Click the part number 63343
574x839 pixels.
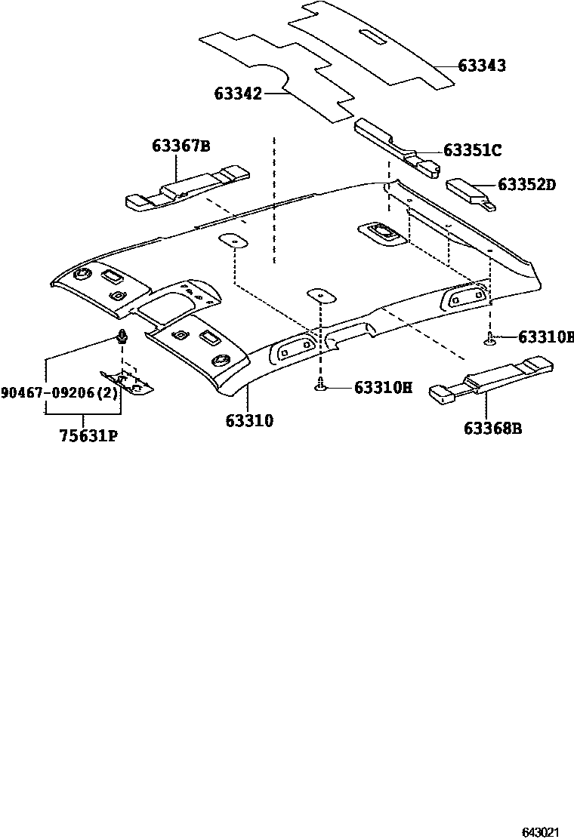point(481,66)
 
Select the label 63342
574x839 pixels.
point(238,94)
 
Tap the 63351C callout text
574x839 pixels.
point(472,151)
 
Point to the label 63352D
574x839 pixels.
point(526,185)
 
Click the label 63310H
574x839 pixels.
point(383,389)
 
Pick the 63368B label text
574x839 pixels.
point(493,429)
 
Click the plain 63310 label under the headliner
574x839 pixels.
point(248,420)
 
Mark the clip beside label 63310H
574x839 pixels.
point(321,387)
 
